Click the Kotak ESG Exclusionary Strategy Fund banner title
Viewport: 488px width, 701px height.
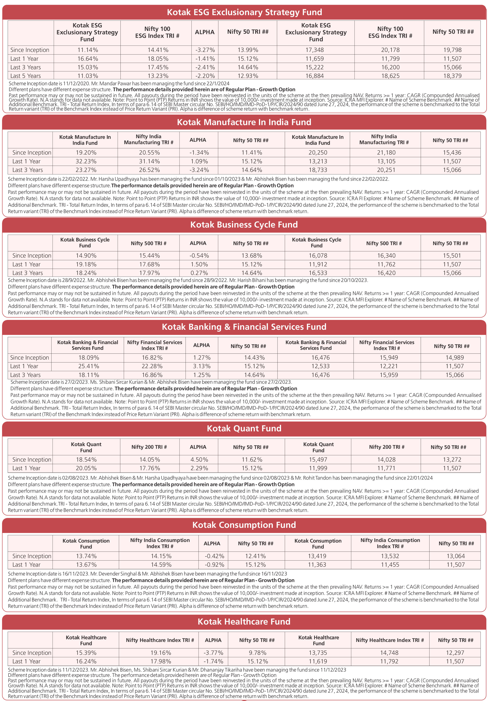point(244,12)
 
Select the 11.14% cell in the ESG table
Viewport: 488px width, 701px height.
point(87,50)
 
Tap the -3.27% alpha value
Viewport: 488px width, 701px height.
point(205,50)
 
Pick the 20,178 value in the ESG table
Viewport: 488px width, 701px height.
point(390,50)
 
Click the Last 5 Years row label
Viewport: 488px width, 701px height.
point(25,76)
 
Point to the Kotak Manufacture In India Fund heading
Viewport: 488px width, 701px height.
point(244,122)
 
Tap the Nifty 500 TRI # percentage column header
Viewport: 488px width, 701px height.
point(148,243)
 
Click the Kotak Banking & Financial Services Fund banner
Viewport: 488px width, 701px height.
point(244,327)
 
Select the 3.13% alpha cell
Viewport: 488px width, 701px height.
point(201,366)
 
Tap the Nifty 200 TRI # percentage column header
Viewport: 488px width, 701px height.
point(149,447)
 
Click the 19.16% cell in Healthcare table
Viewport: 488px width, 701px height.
point(161,653)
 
